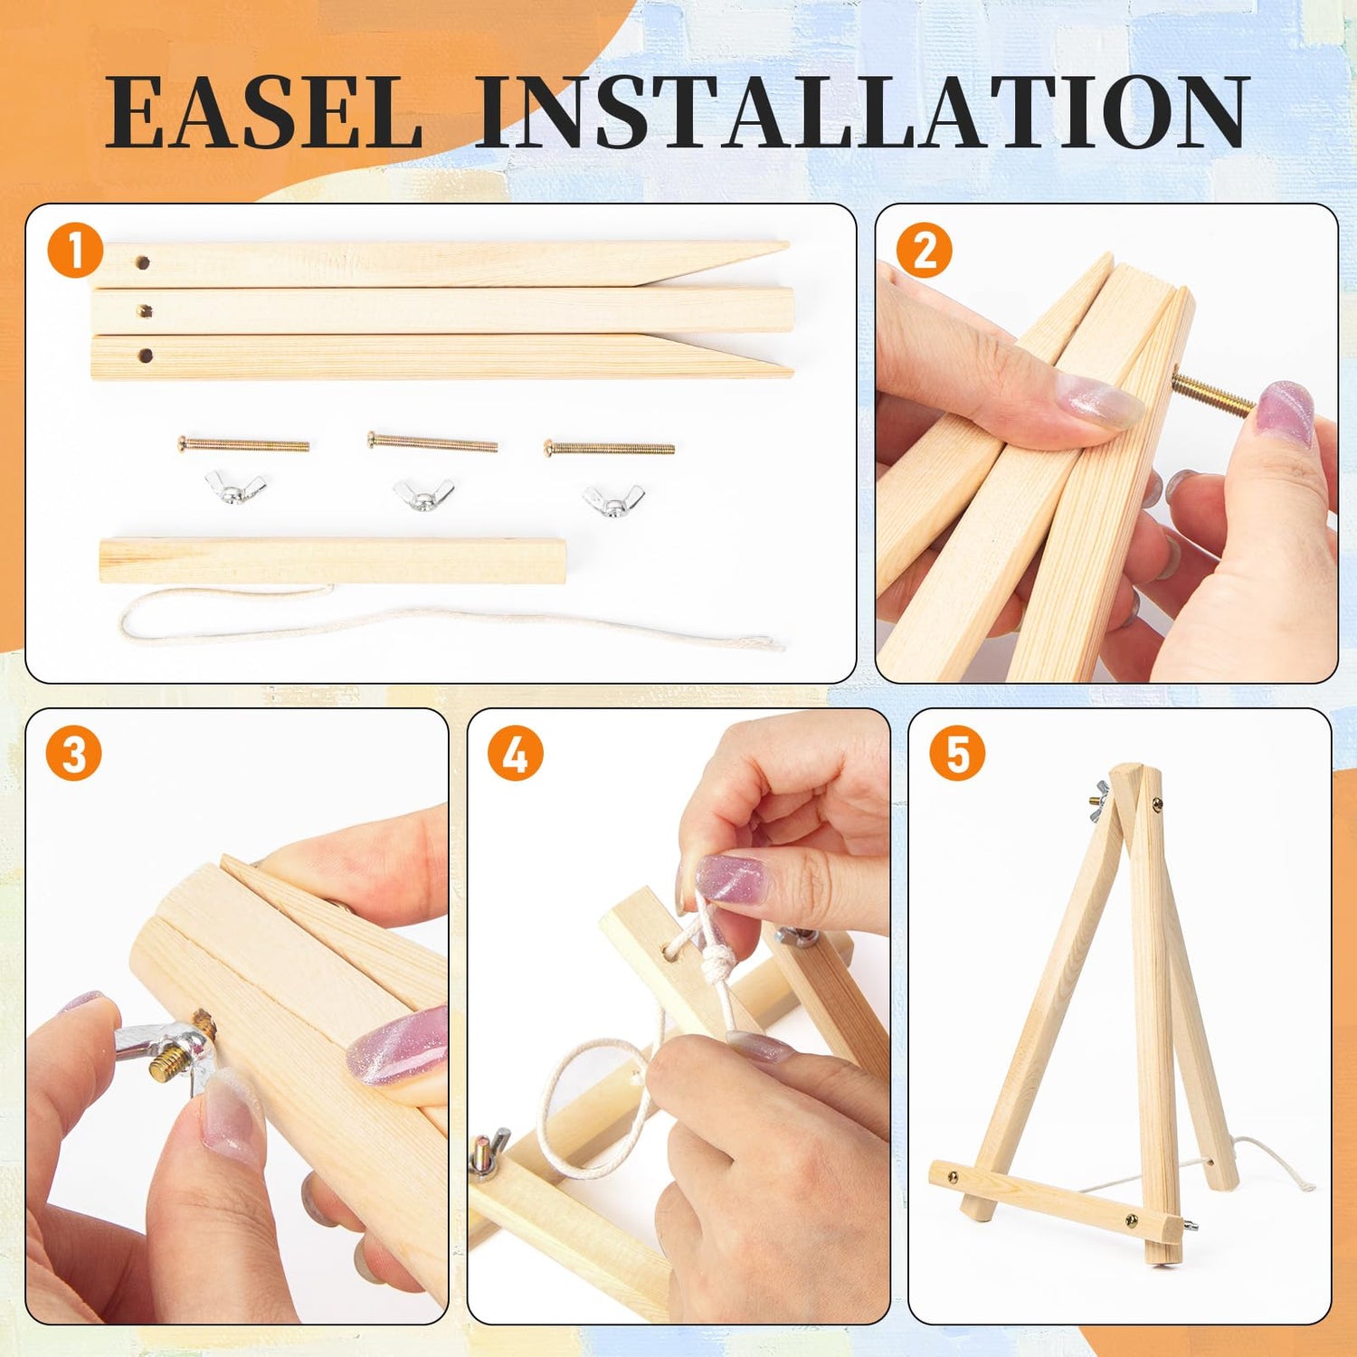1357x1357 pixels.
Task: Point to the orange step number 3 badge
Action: click(74, 753)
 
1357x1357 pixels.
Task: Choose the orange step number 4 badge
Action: click(516, 753)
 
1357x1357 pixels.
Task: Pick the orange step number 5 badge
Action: click(957, 753)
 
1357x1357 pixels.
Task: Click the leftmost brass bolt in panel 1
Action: click(243, 444)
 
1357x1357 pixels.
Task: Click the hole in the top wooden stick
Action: click(143, 263)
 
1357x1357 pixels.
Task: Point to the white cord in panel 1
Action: click(434, 620)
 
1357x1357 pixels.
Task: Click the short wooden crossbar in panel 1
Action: click(333, 560)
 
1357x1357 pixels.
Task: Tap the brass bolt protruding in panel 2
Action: click(1212, 394)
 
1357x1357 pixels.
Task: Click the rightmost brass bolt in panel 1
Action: click(609, 447)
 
